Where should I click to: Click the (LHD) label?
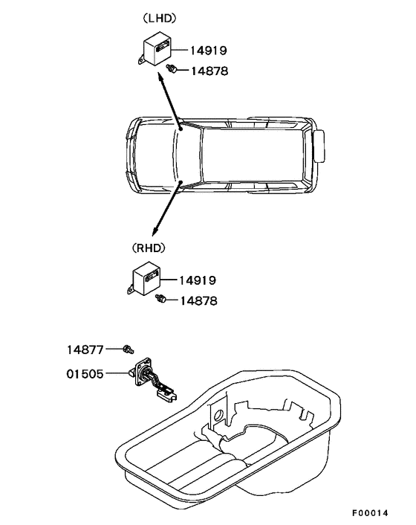click(160, 19)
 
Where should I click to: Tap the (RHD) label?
click(149, 248)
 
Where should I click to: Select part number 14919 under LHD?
click(209, 51)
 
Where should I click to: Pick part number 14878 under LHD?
click(209, 71)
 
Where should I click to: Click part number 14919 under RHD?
click(198, 280)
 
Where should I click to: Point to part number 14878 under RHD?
click(198, 300)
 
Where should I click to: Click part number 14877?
click(85, 350)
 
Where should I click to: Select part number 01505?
click(85, 373)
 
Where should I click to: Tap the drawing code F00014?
click(370, 513)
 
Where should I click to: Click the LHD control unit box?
click(157, 49)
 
